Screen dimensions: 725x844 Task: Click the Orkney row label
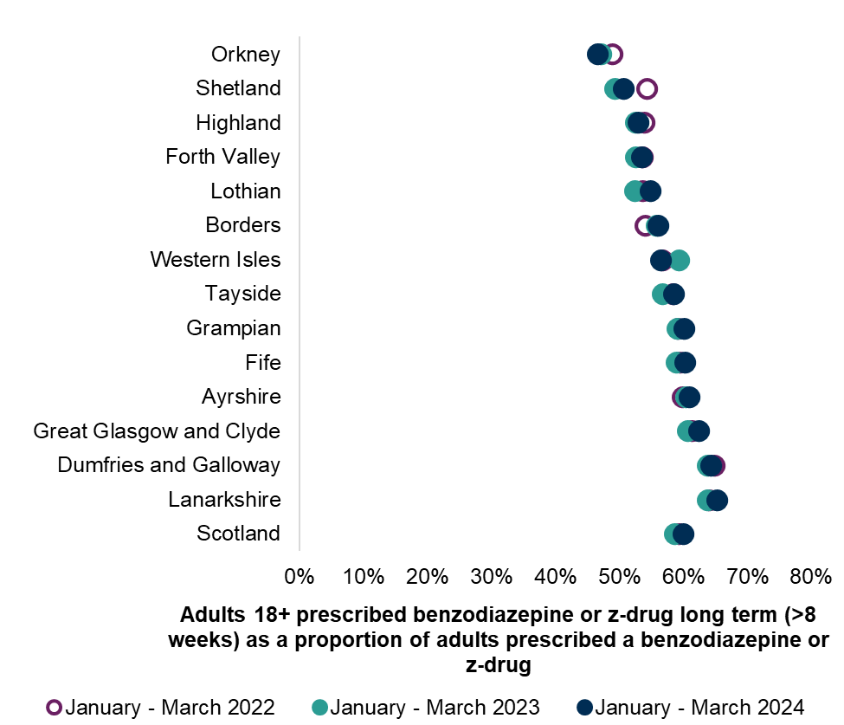pos(246,55)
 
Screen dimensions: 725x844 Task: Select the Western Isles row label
pos(216,260)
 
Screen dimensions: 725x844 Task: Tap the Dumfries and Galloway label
pos(169,465)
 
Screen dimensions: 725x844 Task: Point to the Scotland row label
pos(239,534)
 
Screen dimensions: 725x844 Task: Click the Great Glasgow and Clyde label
pos(157,431)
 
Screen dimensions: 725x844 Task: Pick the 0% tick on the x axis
pos(299,575)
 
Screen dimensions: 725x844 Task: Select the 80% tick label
pos(811,575)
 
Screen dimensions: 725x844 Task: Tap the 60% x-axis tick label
pos(683,575)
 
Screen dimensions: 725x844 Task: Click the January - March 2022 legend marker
pos(54,707)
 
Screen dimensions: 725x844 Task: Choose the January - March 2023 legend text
pos(435,707)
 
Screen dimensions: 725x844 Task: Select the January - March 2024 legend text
pos(699,707)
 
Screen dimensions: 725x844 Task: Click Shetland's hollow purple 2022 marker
pos(647,88)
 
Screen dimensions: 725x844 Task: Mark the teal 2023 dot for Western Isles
pos(680,260)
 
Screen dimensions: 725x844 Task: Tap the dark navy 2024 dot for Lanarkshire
pos(717,500)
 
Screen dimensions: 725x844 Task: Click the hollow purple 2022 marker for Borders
pos(644,226)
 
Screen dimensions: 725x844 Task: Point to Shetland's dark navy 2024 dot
pos(623,88)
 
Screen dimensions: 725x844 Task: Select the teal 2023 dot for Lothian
pos(635,191)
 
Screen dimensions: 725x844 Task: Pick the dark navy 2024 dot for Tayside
pos(673,295)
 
